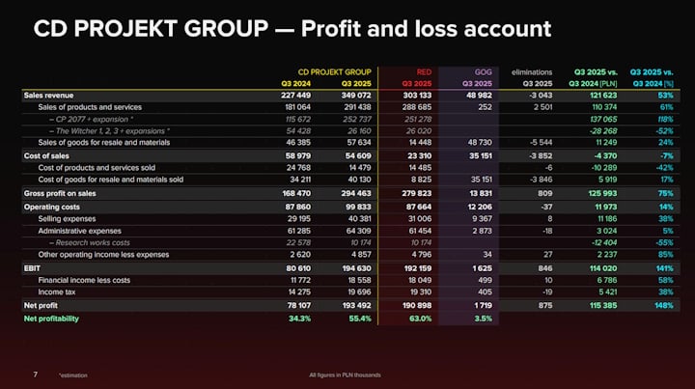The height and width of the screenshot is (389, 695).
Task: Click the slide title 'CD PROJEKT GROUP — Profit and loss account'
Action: pyautogui.click(x=292, y=29)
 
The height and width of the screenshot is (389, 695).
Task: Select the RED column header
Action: pyautogui.click(x=423, y=71)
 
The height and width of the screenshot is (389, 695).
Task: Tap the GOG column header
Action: pyautogui.click(x=484, y=71)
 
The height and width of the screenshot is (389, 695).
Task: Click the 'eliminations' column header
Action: pyautogui.click(x=531, y=71)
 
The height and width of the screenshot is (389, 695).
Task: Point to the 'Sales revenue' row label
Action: pyautogui.click(x=49, y=96)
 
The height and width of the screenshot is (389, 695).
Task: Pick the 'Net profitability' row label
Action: pyautogui.click(x=51, y=318)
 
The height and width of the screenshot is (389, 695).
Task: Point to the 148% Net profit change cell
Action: pyautogui.click(x=663, y=305)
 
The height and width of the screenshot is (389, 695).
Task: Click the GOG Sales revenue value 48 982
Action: pyautogui.click(x=478, y=96)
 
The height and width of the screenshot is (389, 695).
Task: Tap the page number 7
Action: pyautogui.click(x=35, y=374)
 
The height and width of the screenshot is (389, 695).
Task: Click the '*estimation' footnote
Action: pyautogui.click(x=72, y=375)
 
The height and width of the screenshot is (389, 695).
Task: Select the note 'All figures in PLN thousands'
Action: pyautogui.click(x=345, y=375)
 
